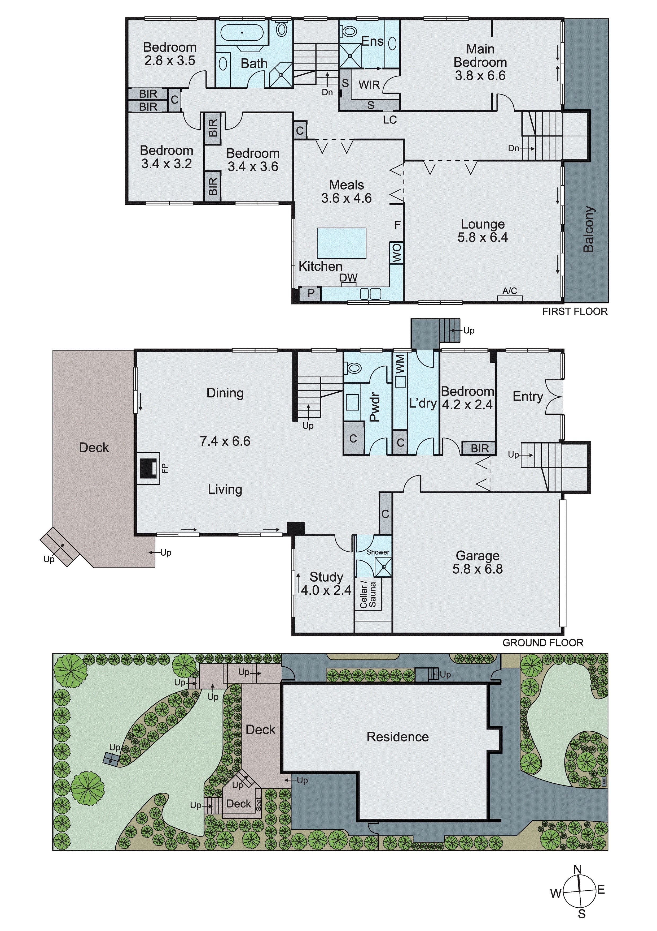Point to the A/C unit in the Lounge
pos(510,298)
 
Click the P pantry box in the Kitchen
pos(311,293)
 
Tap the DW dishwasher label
pos(348,278)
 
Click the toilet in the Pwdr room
pos(354,368)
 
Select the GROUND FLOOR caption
pos(543,643)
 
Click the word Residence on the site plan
pos(397,737)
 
